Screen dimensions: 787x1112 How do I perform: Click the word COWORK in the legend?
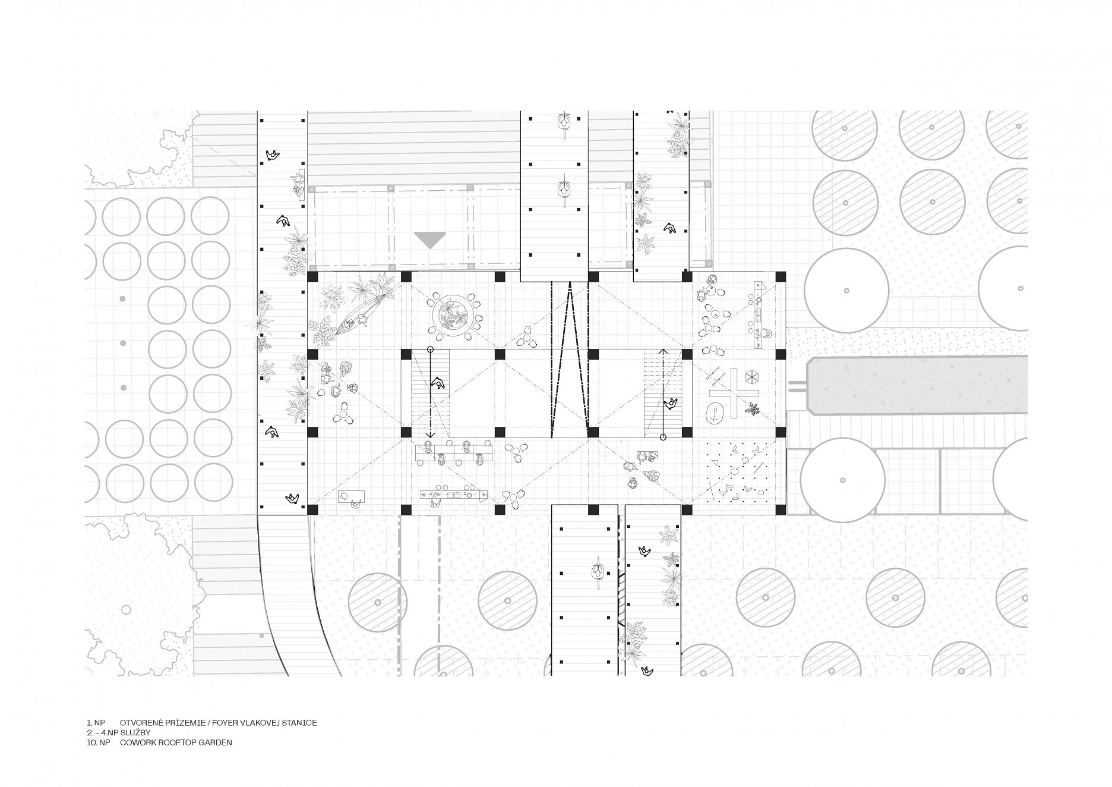point(137,742)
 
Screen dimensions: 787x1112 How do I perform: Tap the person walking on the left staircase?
point(438,383)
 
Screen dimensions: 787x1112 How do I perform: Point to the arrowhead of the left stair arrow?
point(430,435)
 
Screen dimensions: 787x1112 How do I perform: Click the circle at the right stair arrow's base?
point(664,437)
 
